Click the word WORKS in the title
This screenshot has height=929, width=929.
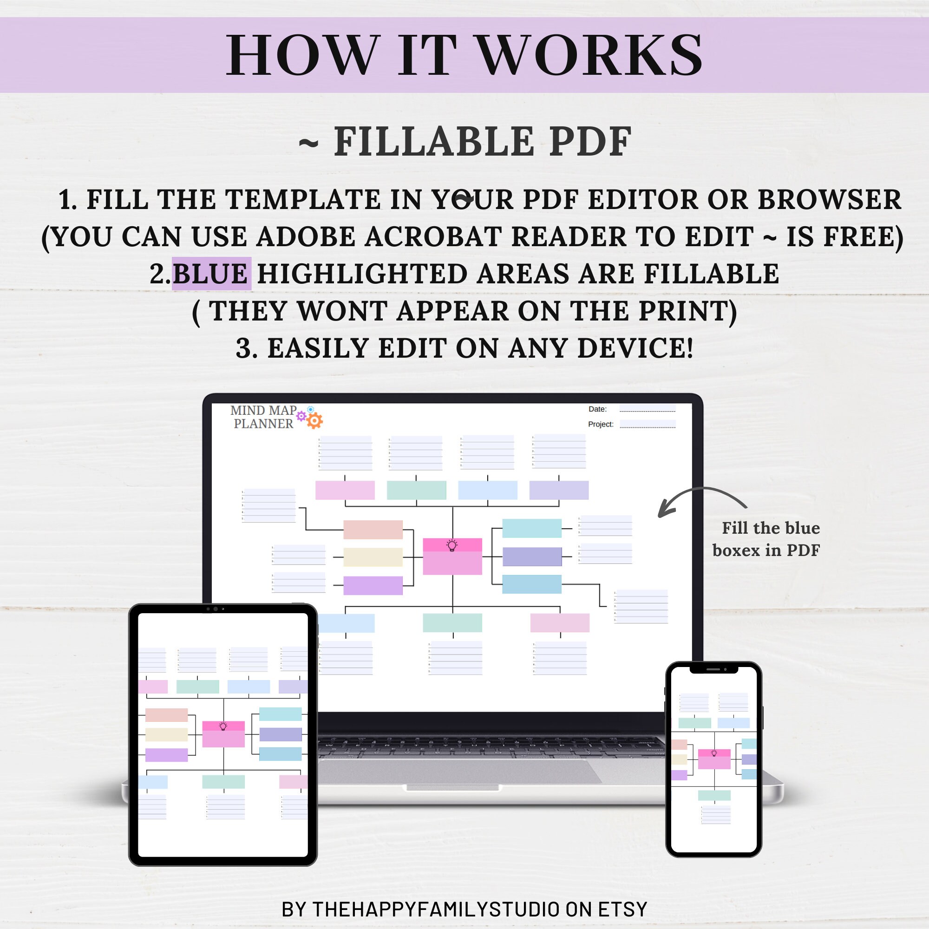tap(590, 56)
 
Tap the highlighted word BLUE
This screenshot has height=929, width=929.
tap(210, 274)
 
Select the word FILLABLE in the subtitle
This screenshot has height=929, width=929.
tap(434, 142)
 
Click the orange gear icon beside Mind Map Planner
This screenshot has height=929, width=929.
tap(314, 421)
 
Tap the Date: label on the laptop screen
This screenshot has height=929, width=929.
tap(597, 409)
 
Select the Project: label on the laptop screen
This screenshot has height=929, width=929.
tap(601, 424)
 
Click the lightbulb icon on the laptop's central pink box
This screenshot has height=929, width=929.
tap(452, 545)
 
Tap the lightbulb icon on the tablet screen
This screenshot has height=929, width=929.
tap(223, 726)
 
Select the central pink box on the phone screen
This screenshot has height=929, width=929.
tap(714, 760)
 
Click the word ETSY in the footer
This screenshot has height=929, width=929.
tap(623, 909)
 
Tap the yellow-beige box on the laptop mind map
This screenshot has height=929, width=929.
tap(373, 557)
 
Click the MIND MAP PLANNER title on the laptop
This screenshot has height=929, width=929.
tap(263, 417)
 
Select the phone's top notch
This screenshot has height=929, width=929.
tap(713, 669)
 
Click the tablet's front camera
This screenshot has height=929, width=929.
tap(216, 609)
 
